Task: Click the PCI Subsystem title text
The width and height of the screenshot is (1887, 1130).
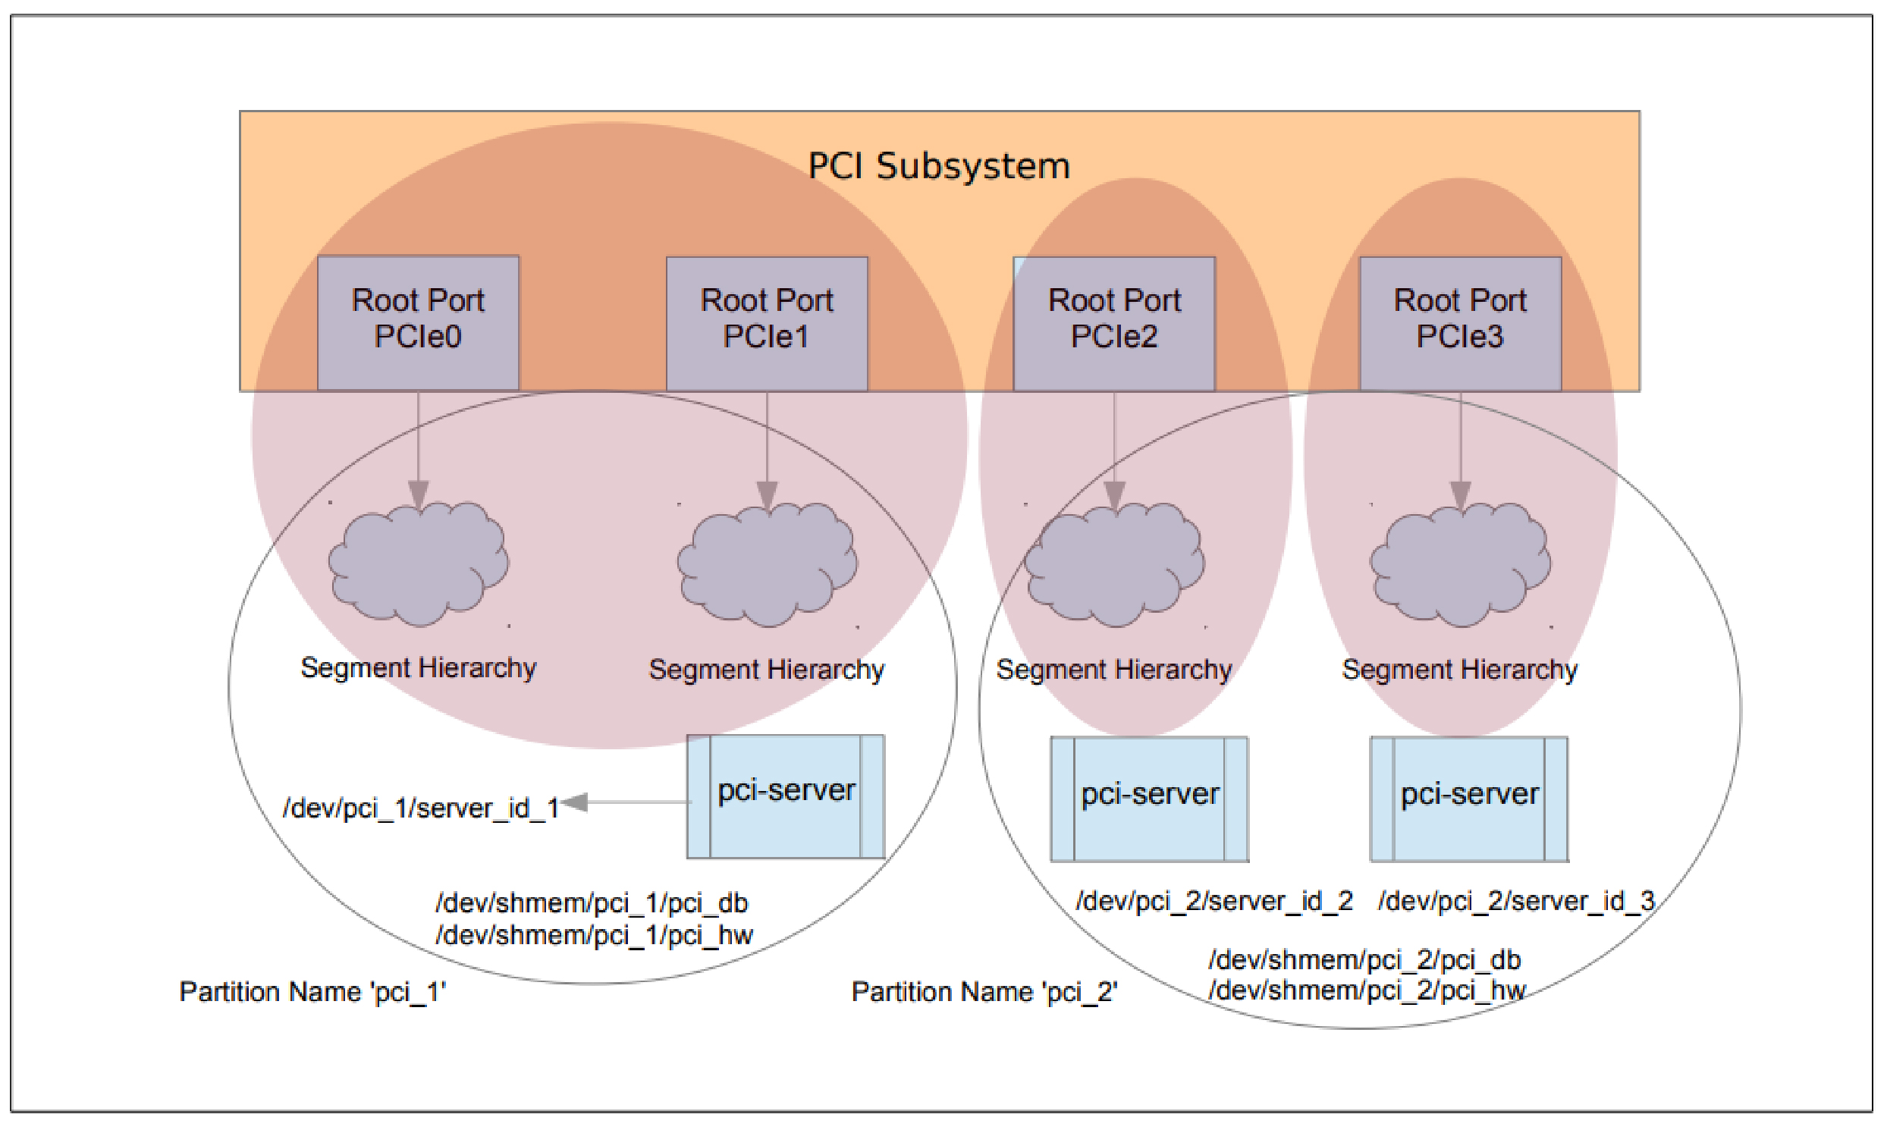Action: (938, 166)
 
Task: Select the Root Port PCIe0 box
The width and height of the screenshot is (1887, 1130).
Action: (418, 323)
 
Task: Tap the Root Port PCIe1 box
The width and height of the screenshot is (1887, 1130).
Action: (767, 323)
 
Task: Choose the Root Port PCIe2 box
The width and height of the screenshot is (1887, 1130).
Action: (1114, 323)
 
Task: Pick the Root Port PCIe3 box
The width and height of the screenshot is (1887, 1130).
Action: (1460, 323)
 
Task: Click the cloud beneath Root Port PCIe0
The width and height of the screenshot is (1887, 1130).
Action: (418, 563)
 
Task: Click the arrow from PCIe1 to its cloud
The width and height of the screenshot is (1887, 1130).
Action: (767, 449)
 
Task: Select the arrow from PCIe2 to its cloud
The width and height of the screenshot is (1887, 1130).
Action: (1114, 449)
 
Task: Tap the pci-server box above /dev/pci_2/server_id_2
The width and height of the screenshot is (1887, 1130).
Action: (1149, 799)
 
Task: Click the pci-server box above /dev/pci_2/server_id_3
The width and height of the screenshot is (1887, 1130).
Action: (1469, 799)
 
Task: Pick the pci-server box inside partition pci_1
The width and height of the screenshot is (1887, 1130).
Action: (786, 796)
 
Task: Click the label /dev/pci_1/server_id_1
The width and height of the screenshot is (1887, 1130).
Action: (421, 808)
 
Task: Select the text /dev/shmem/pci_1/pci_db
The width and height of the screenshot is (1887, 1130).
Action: (592, 903)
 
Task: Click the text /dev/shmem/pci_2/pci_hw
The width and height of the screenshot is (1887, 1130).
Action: (1367, 990)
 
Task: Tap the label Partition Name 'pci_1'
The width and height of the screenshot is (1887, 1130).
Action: (312, 992)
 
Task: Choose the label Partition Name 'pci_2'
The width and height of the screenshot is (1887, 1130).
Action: (984, 992)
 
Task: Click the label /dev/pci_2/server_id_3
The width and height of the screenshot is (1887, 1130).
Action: (1516, 902)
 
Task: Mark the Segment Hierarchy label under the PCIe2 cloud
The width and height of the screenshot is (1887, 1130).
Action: (1114, 670)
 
